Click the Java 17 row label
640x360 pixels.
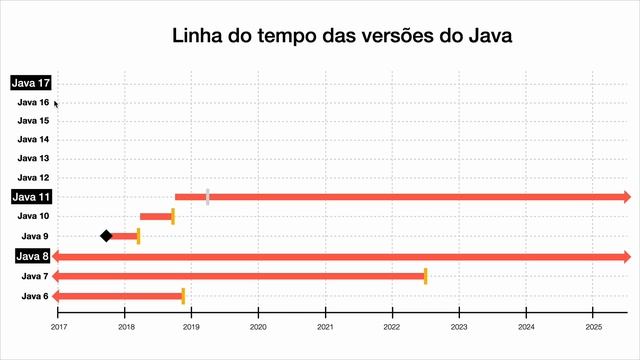(x=31, y=83)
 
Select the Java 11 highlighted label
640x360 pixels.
(x=31, y=197)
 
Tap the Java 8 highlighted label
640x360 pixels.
(x=31, y=257)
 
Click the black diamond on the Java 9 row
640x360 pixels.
(x=106, y=236)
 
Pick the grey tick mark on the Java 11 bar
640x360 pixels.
(x=207, y=197)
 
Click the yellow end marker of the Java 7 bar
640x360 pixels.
(x=425, y=276)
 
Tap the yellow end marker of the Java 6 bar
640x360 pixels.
(x=183, y=296)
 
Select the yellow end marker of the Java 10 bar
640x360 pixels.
(x=173, y=216)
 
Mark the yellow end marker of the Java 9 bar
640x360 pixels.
(x=138, y=236)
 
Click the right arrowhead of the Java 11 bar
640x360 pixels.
(x=626, y=197)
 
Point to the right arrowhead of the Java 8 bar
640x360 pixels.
(x=626, y=257)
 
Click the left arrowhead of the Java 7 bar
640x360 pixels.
(x=57, y=276)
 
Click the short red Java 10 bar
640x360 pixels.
(x=155, y=216)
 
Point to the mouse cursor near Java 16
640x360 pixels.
(x=56, y=102)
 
